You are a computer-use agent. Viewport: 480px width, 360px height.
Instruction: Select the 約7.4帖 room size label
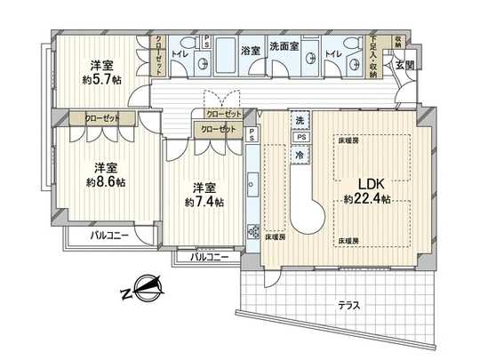[205, 202]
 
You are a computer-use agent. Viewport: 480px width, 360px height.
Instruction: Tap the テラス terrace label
[349, 305]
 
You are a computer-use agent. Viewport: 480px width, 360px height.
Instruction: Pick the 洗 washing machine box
[300, 120]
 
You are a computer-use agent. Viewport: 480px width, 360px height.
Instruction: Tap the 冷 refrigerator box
[300, 153]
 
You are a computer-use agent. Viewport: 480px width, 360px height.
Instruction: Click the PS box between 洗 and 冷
[300, 137]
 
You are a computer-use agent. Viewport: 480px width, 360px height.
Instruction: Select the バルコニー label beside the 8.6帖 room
[110, 236]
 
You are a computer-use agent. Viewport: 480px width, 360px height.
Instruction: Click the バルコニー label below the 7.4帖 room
[210, 257]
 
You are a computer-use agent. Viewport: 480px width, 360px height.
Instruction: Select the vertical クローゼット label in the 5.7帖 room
[158, 55]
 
